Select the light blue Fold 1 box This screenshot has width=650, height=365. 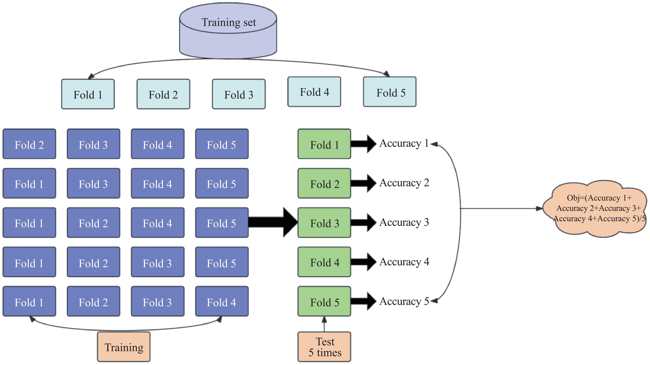point(88,94)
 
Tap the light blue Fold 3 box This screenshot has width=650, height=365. point(239,94)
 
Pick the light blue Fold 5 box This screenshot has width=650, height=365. point(390,92)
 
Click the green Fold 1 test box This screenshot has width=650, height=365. point(324,144)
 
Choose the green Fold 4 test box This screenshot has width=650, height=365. point(324,262)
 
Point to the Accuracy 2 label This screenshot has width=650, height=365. point(404,183)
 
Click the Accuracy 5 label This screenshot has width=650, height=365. point(404,301)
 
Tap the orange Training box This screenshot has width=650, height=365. point(124,347)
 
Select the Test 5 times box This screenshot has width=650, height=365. point(324,347)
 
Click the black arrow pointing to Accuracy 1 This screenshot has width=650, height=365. point(363,144)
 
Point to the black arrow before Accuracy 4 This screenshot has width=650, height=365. point(363,262)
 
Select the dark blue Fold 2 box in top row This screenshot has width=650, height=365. point(29,144)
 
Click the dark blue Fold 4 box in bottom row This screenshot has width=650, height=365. point(222,301)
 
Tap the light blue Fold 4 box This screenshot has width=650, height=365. point(314,92)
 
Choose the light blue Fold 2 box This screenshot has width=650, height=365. point(163,94)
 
